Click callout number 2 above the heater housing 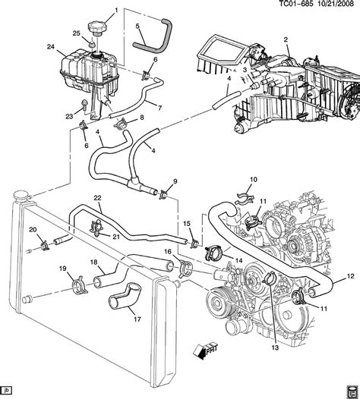285,39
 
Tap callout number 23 68,115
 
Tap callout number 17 137,319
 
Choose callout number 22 97,199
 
